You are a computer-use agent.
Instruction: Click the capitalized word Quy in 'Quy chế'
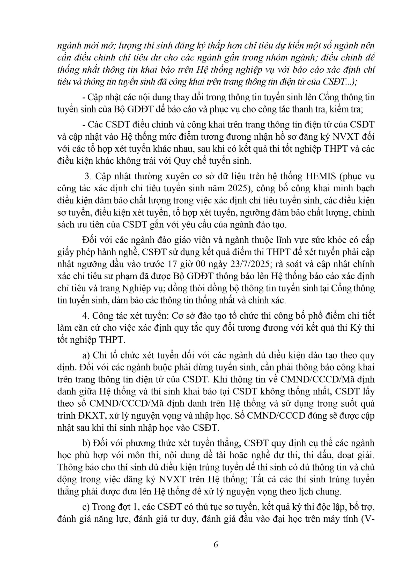click(175, 161)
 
